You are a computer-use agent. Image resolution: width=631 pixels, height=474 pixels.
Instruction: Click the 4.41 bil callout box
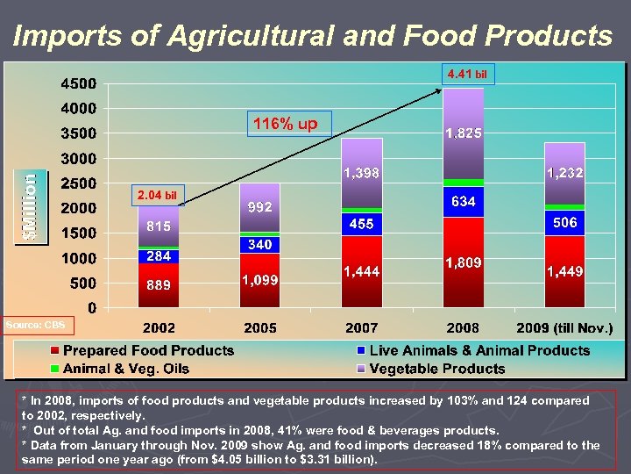coord(467,75)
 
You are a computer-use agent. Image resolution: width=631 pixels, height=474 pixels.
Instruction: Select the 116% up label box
coord(286,124)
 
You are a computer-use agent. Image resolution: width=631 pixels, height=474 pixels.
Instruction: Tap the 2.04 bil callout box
coord(157,194)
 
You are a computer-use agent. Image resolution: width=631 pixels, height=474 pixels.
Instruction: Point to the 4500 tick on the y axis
coord(78,84)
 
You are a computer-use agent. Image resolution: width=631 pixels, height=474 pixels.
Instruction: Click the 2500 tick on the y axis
coord(78,183)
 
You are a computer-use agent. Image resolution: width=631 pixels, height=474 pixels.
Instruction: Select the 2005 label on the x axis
coord(259,328)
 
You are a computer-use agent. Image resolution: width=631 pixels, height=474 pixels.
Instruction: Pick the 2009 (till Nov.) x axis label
coord(564,328)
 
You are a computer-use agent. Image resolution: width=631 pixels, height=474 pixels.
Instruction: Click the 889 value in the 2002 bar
coord(159,285)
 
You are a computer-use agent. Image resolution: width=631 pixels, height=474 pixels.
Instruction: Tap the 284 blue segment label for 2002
coord(159,256)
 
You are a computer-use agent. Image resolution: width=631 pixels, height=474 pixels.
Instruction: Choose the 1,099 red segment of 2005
coord(259,280)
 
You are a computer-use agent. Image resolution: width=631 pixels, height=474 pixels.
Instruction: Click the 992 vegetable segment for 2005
coord(259,208)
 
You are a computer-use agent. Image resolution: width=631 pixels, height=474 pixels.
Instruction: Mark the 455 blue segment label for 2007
coord(361,225)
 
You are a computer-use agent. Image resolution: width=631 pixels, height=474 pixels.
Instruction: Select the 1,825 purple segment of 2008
coord(463,133)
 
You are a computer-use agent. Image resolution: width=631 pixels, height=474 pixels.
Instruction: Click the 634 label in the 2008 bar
coord(463,202)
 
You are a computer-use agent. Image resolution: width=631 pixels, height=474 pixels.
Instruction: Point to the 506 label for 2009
coord(564,223)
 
